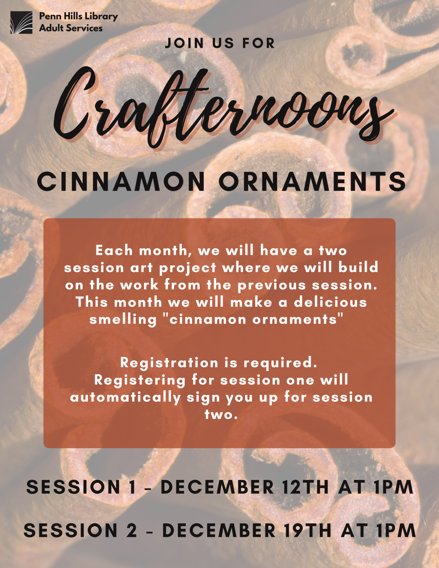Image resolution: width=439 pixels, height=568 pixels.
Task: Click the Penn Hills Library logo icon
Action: click(x=21, y=22)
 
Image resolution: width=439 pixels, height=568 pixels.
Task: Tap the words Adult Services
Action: click(x=71, y=28)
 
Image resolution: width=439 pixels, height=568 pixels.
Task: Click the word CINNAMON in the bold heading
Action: click(x=121, y=181)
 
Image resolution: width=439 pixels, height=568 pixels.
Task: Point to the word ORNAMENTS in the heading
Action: click(x=312, y=181)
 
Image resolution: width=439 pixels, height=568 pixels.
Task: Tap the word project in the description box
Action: click(x=188, y=268)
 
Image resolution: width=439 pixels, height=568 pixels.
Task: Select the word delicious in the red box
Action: click(x=330, y=302)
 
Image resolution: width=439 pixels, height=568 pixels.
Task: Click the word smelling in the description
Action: click(x=123, y=320)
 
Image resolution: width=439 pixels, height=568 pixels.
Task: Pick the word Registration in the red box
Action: click(x=169, y=362)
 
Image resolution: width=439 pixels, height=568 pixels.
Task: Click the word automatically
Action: click(x=125, y=397)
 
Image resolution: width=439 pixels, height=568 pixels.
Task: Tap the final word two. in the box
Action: click(x=221, y=414)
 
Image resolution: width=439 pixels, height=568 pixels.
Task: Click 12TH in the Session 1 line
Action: click(x=305, y=487)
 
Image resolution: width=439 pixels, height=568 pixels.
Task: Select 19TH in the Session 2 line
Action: click(x=307, y=531)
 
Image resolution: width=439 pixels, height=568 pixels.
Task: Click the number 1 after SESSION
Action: click(x=132, y=487)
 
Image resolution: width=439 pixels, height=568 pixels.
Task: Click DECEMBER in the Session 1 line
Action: click(x=217, y=487)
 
